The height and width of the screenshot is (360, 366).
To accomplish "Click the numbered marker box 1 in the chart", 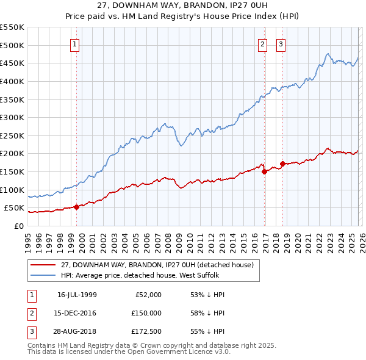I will [x=74, y=43].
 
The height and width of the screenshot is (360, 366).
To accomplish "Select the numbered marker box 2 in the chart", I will [x=262, y=43].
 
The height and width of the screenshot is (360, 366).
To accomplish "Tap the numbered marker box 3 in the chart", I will [x=281, y=43].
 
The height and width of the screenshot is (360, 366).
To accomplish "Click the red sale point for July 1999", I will [x=76, y=207].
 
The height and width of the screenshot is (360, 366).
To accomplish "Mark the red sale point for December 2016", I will [x=264, y=171].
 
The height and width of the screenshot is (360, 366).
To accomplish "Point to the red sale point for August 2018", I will [x=282, y=164].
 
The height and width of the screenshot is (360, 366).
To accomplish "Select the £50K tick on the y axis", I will [x=15, y=208].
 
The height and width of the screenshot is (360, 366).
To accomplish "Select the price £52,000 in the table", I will [x=146, y=295].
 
